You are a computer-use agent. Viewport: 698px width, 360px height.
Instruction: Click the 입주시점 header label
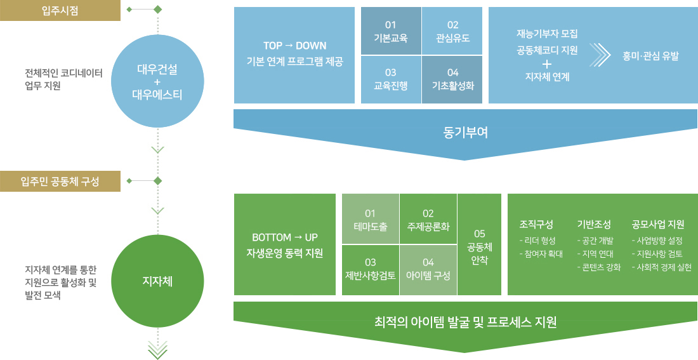60,11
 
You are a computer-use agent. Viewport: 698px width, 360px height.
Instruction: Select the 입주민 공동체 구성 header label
60,182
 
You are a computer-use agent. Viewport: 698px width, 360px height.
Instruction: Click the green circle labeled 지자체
157,280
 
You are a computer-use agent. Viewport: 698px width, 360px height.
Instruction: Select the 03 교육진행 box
391,79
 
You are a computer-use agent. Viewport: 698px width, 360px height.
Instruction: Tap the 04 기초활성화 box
452,79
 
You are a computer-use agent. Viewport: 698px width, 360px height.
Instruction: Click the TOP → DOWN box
294,55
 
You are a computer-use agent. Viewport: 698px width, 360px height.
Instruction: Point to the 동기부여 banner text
466,132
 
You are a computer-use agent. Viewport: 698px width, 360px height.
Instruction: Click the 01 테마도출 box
371,219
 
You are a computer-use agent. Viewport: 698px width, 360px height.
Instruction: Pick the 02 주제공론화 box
428,219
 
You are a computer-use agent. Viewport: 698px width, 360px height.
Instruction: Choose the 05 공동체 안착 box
479,244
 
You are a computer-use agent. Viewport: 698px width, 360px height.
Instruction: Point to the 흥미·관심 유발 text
650,55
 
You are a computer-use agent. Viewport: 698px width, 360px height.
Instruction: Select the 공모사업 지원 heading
657,224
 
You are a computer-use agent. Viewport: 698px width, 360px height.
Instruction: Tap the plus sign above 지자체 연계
547,63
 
